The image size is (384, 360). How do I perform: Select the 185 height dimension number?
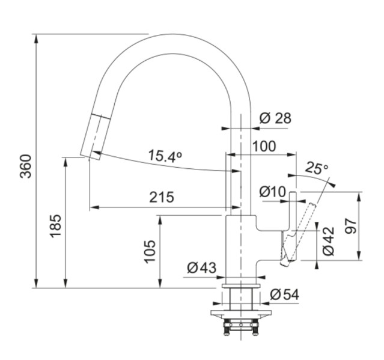point(55,225)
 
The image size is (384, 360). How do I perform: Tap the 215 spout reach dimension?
point(161,197)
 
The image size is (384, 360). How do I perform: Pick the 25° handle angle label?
point(316,168)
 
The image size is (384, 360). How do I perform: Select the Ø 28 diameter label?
point(275,118)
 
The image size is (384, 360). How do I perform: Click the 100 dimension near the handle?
point(264,146)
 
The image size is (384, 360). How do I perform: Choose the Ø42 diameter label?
point(328,241)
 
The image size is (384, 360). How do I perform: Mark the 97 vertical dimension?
point(351,225)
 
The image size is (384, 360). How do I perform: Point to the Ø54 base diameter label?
point(284,294)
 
